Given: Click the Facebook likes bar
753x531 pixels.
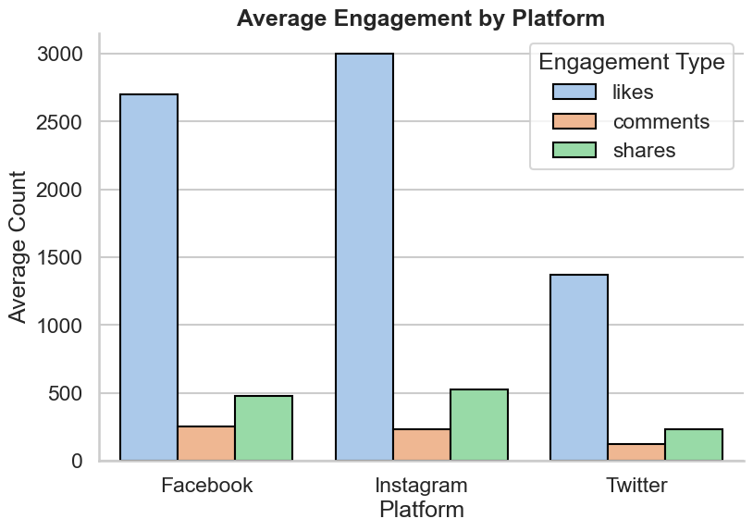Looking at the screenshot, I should click(149, 278).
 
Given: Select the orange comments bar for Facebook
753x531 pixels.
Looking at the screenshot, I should click(206, 444).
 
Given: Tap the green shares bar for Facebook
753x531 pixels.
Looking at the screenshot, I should click(264, 428).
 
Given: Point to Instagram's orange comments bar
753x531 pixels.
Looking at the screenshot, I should click(422, 445).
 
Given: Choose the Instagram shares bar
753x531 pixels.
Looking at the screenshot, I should click(479, 426).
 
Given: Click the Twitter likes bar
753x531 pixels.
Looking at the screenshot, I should click(579, 367).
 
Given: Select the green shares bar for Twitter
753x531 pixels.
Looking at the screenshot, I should click(694, 445).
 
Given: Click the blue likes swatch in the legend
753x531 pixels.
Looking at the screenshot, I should click(574, 92).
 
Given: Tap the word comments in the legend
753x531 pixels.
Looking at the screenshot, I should click(660, 121).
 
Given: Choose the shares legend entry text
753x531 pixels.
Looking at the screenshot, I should click(644, 151).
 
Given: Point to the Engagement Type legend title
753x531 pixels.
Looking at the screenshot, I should click(631, 62).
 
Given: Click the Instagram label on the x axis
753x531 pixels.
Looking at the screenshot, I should click(421, 486).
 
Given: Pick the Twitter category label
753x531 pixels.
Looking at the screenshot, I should click(636, 486).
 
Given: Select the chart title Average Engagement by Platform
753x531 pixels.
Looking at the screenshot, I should click(421, 18).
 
